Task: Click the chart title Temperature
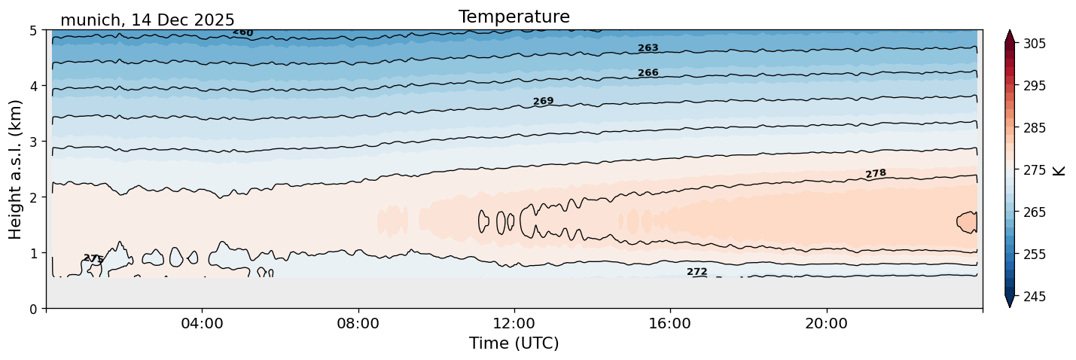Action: [514, 17]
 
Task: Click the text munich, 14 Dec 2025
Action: [148, 20]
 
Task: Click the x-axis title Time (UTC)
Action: [514, 343]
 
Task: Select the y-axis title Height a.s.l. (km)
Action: [16, 169]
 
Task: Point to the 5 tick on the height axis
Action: [33, 31]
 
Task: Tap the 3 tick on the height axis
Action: [33, 142]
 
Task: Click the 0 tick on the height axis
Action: [33, 308]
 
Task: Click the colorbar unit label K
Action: [1059, 170]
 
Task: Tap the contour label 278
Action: [876, 174]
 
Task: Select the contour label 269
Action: [543, 101]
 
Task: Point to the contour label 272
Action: [697, 272]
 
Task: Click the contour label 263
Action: [648, 48]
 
